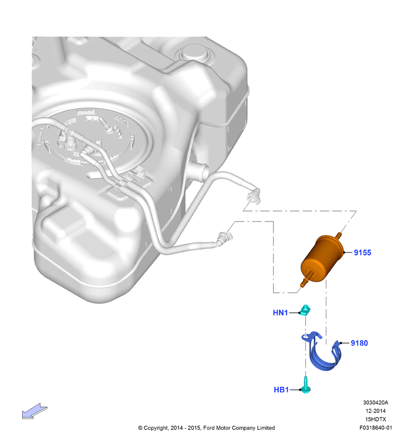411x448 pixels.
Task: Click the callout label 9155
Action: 362,252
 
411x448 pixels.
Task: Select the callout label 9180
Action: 359,343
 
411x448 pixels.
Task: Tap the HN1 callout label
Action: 280,313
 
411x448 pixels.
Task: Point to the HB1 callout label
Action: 281,389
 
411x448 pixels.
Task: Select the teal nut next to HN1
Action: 305,310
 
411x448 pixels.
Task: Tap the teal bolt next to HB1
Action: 305,385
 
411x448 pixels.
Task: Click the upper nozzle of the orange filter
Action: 339,236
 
